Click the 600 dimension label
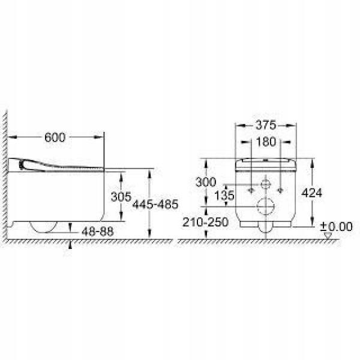(55, 137)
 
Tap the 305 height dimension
(121, 197)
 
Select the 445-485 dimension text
(155, 204)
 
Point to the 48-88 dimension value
(98, 232)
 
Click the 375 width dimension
(266, 125)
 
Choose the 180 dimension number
(266, 142)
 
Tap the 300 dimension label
(206, 182)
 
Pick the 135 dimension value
(224, 196)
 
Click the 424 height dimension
(311, 193)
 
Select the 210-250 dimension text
(205, 222)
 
